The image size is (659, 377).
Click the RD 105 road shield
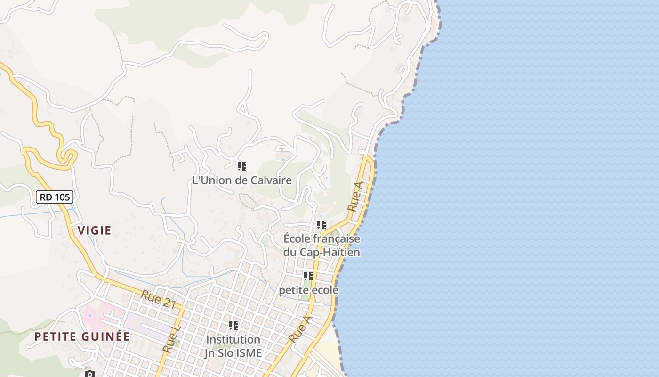[x=55, y=197]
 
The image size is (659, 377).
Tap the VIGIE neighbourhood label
[x=95, y=230]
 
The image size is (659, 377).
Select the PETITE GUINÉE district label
[x=82, y=336]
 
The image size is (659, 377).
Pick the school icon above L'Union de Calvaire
[x=242, y=166]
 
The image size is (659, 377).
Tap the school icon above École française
[x=321, y=225]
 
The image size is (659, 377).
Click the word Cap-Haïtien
[x=336, y=252]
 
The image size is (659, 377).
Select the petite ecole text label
[x=308, y=290]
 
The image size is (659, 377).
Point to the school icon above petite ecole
[x=308, y=276]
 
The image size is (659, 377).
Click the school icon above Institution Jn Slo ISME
[x=233, y=325]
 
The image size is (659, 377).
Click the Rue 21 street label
[x=158, y=300]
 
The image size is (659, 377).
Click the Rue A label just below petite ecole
[x=300, y=329]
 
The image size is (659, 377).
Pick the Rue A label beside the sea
[x=356, y=197]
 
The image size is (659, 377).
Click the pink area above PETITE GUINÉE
[x=99, y=313]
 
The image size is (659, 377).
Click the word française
[x=336, y=238]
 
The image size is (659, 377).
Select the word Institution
[x=233, y=339]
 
